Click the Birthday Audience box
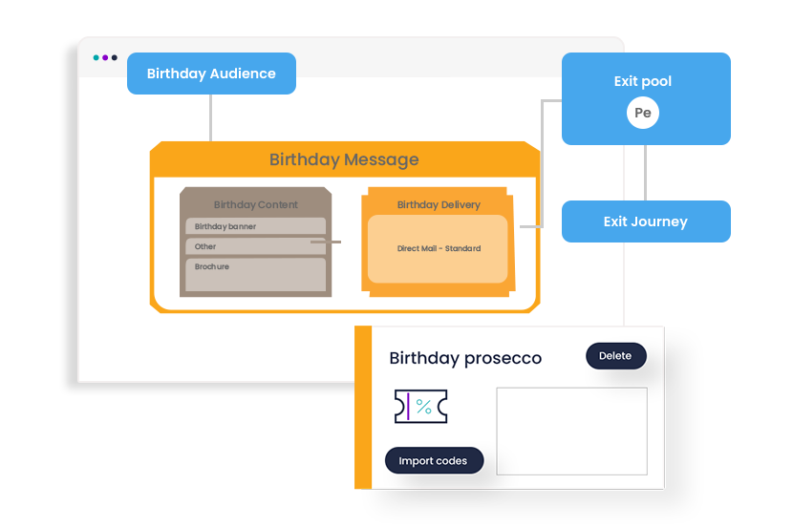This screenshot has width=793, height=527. click(x=211, y=74)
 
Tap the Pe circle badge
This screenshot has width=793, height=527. click(x=643, y=113)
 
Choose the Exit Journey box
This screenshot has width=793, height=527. click(x=646, y=221)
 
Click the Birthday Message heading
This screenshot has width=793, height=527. click(x=344, y=159)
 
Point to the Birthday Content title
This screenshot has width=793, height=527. click(x=255, y=204)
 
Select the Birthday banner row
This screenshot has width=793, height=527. click(x=255, y=226)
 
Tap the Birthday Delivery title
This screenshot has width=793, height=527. click(x=439, y=204)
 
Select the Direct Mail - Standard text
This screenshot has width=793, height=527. click(x=439, y=248)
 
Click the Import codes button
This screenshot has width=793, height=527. click(x=433, y=460)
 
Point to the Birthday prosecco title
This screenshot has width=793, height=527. click(x=465, y=359)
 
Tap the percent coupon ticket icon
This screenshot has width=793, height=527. click(x=420, y=407)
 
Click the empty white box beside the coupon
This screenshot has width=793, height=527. click(x=571, y=431)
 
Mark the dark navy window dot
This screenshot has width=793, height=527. click(x=115, y=57)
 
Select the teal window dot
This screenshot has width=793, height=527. click(x=96, y=57)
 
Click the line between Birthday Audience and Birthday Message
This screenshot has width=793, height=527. click(x=210, y=118)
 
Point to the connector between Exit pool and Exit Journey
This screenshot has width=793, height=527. click(x=646, y=172)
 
